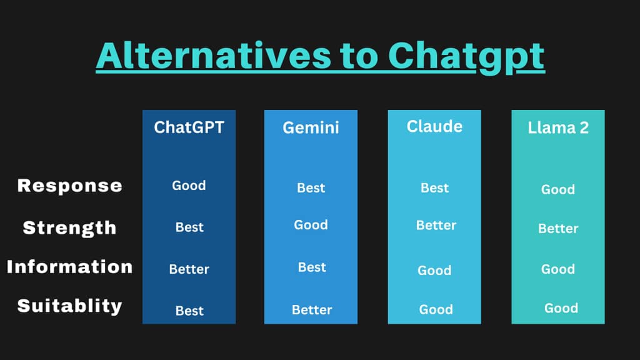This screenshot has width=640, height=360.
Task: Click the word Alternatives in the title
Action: pyautogui.click(x=214, y=56)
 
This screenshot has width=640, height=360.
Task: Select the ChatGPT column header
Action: pyautogui.click(x=189, y=127)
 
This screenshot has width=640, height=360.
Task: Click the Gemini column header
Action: pyautogui.click(x=311, y=127)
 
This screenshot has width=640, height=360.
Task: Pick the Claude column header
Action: pyautogui.click(x=435, y=126)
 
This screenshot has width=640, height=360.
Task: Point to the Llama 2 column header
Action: pyautogui.click(x=558, y=127)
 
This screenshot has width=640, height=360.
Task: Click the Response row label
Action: pyautogui.click(x=70, y=186)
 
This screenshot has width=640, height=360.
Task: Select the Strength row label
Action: pyautogui.click(x=69, y=227)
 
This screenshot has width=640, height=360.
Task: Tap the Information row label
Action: pyautogui.click(x=70, y=267)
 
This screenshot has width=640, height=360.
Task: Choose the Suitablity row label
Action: pyautogui.click(x=70, y=306)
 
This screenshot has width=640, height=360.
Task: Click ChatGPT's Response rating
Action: pyautogui.click(x=189, y=185)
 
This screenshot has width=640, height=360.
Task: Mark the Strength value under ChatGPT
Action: pyautogui.click(x=189, y=227)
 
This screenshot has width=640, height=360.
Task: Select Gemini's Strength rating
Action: pyautogui.click(x=311, y=224)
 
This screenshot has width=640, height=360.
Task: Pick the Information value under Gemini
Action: pyautogui.click(x=312, y=267)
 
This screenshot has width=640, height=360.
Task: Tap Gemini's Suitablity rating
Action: pyautogui.click(x=312, y=310)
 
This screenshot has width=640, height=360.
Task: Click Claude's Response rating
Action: pyautogui.click(x=435, y=187)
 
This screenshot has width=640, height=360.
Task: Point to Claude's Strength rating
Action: pyautogui.click(x=436, y=225)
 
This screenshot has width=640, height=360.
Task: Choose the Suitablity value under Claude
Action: pyautogui.click(x=436, y=309)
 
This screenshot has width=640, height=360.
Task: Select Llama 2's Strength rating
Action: pyautogui.click(x=558, y=229)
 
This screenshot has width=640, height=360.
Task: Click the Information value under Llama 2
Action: pyautogui.click(x=558, y=269)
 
